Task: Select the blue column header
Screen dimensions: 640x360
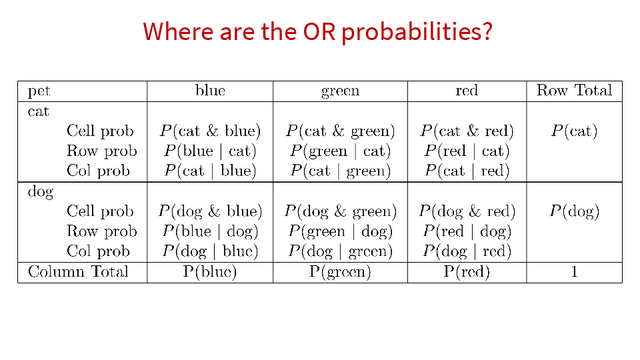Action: coord(210,90)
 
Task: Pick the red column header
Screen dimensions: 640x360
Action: coord(467,91)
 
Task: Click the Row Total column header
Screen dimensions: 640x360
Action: coord(574,90)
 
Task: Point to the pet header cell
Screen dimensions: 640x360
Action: coord(39,91)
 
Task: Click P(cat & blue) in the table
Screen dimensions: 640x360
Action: coord(210,131)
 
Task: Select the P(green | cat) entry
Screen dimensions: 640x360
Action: coord(341,151)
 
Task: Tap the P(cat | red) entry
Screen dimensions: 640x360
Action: coord(467,171)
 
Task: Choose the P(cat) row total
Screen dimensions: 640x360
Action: coord(574,131)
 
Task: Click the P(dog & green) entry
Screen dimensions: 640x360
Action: coord(341,211)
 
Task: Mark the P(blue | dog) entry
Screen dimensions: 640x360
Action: coord(210,231)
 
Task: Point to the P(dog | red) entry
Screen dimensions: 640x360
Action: coord(467,251)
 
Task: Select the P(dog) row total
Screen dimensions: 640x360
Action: coord(574,211)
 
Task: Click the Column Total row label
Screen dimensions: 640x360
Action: coord(78,272)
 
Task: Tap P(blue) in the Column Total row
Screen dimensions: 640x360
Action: coord(210,272)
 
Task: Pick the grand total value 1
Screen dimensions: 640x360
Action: coord(574,272)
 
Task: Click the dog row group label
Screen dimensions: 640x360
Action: coord(41,192)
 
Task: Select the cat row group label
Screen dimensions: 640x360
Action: coord(39,111)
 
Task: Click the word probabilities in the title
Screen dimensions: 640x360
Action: coord(417,32)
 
